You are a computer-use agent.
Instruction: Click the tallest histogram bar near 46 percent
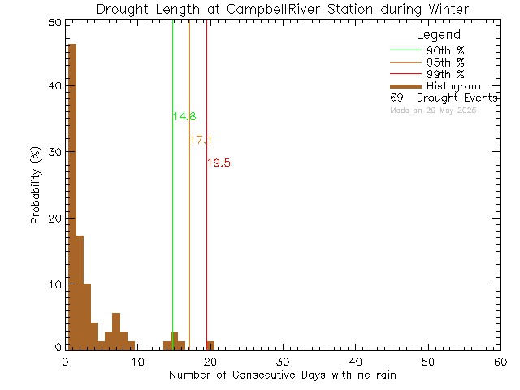(71, 195)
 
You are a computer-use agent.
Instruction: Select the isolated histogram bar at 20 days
(210, 345)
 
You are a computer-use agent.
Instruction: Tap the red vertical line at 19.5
(206, 244)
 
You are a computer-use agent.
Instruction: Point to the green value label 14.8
(184, 117)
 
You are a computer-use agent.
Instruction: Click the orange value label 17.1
(201, 141)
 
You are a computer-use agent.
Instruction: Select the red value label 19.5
(219, 163)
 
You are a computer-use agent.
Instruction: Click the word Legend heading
(438, 36)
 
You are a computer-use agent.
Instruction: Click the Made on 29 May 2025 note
(433, 110)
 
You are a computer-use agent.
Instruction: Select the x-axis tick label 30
(282, 362)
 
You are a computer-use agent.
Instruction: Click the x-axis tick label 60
(500, 362)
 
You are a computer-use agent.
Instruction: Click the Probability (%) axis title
(36, 186)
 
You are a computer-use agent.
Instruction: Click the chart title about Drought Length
(282, 10)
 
